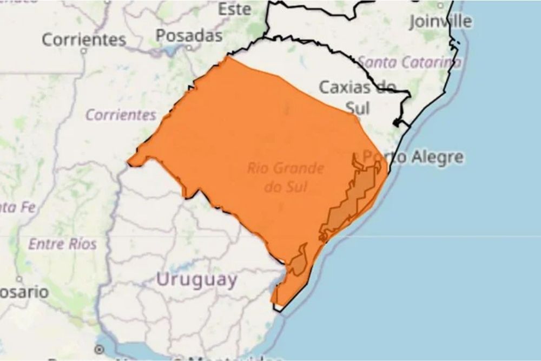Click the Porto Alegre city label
413,157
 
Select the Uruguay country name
196,280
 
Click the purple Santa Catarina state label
410,62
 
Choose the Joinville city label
440,21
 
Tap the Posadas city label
189,36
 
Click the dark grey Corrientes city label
84,39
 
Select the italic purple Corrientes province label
121,115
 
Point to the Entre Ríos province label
62,244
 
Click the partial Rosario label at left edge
24,292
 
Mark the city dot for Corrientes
83,51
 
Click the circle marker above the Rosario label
19,280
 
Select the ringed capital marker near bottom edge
99,349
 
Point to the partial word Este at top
234,9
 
